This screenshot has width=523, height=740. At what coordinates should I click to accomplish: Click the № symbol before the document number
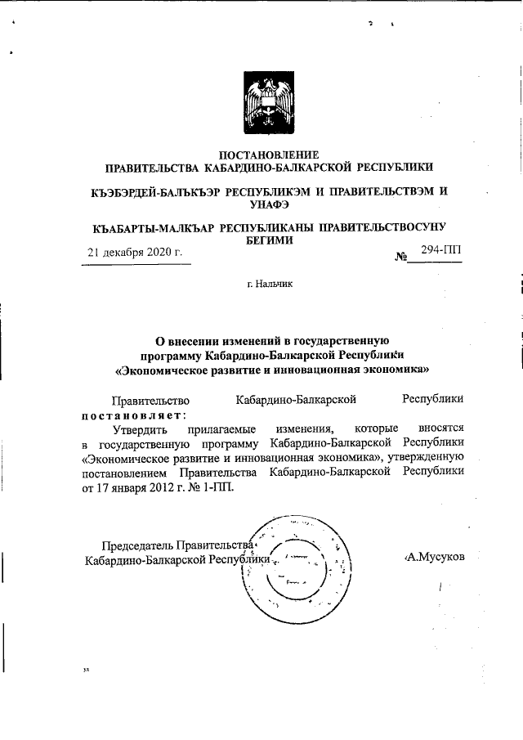click(x=401, y=258)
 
